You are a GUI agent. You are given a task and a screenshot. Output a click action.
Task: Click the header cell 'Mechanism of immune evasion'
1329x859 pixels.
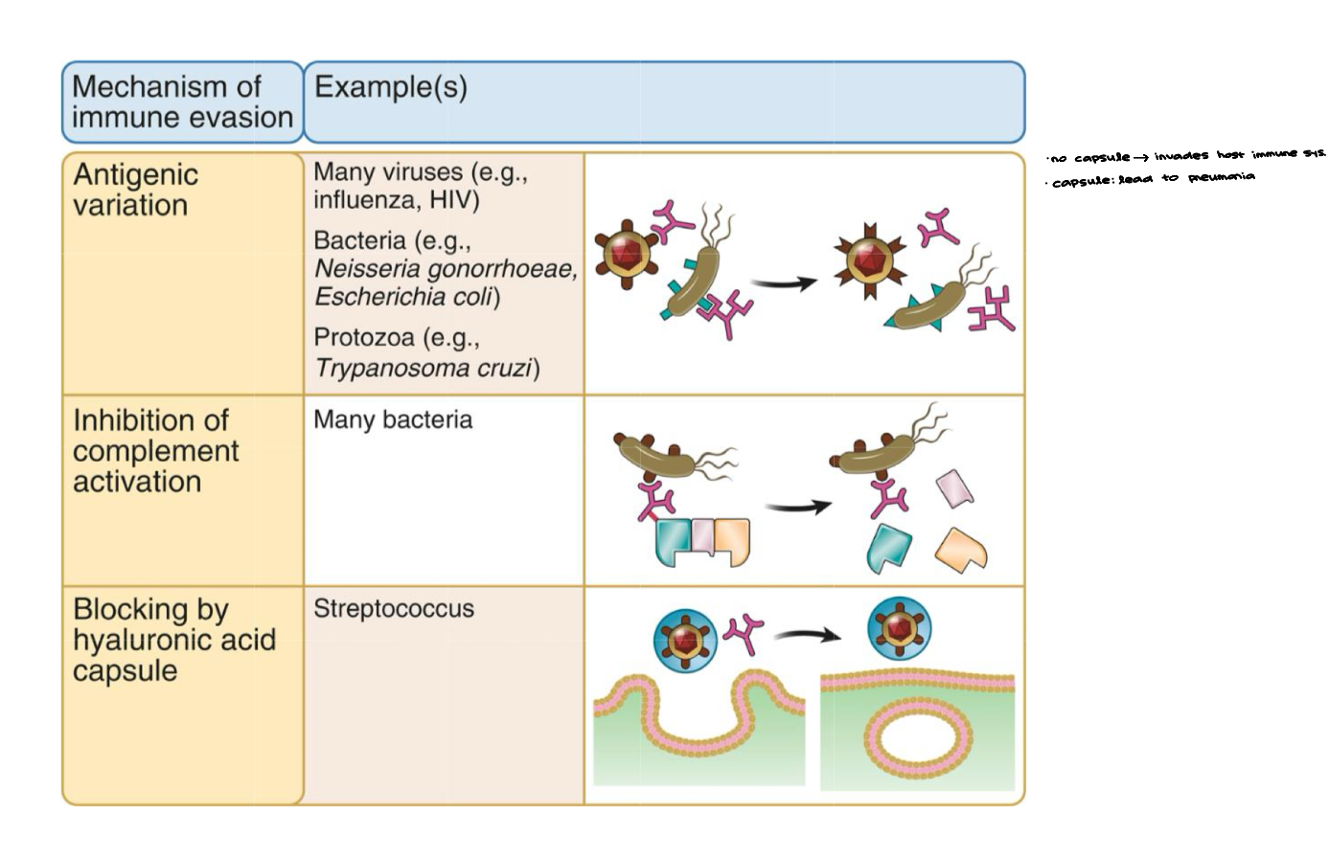[x=182, y=102]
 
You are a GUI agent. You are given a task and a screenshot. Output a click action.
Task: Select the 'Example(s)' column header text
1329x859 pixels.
[x=390, y=87]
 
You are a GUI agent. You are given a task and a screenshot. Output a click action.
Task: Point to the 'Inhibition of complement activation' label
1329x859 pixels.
[x=154, y=451]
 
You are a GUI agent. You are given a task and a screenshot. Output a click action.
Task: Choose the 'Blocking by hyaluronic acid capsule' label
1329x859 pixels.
[x=173, y=640]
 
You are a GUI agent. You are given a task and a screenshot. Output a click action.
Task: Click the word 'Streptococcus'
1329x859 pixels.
[x=393, y=609]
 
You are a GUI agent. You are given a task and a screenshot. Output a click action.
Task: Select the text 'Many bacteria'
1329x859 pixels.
[x=392, y=420]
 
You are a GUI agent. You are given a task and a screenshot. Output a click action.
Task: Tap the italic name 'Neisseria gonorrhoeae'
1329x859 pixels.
[x=445, y=269]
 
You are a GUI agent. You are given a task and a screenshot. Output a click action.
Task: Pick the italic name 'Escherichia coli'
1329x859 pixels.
[x=403, y=298]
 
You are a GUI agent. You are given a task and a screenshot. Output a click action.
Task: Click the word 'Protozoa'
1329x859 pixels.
[x=362, y=338]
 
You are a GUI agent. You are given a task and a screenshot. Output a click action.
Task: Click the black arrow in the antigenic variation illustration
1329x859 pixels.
[x=783, y=283]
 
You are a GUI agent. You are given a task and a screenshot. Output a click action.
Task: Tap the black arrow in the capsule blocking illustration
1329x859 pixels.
[x=807, y=635]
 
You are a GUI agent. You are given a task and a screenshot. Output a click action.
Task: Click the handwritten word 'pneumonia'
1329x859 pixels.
[x=1221, y=177]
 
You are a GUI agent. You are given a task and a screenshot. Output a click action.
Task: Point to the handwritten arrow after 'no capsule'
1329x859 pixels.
[x=1140, y=157]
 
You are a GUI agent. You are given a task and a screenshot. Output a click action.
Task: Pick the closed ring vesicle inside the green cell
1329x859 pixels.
[x=917, y=738]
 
